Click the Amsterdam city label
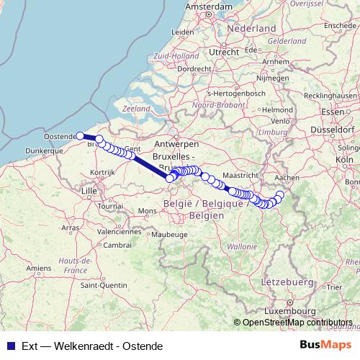(209, 6)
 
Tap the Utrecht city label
(225, 52)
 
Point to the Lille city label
(89, 190)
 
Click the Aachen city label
(287, 176)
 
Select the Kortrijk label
(104, 173)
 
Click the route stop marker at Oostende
(80, 135)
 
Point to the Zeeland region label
(136, 108)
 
